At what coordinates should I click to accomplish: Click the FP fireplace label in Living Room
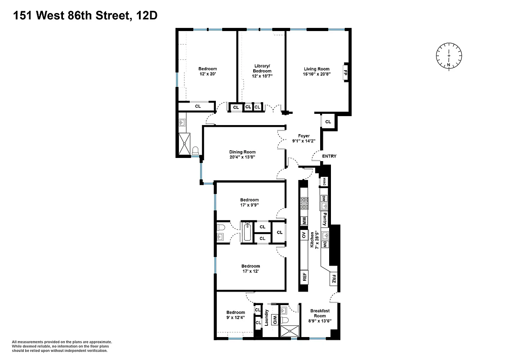point(345,72)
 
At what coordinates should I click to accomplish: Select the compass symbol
point(449,56)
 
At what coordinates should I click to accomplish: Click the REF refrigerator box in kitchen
point(304,276)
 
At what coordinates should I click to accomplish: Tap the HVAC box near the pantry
point(324,182)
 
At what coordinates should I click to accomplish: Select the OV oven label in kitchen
point(304,235)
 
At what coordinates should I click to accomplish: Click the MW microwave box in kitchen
point(304,221)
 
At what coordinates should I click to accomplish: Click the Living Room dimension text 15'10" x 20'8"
point(317,74)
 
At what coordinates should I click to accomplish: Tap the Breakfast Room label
point(320,313)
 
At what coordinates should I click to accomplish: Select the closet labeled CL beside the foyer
point(328,122)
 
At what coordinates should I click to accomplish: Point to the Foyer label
point(304,135)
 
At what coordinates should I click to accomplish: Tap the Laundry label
point(267,318)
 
